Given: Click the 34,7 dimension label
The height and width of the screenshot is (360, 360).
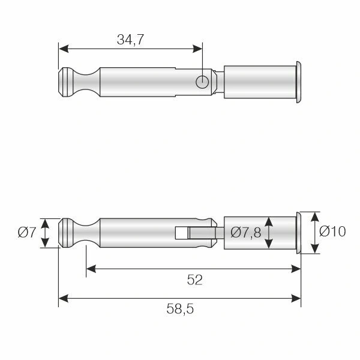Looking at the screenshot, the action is pyautogui.click(x=130, y=40).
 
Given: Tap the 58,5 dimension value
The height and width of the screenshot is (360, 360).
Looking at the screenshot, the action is pyautogui.click(x=180, y=309).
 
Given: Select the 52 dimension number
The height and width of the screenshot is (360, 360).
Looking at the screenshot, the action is pyautogui.click(x=194, y=280).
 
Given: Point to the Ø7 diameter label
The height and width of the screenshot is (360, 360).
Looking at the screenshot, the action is pyautogui.click(x=27, y=232).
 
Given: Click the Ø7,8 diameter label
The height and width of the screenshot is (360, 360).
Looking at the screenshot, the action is pyautogui.click(x=246, y=232).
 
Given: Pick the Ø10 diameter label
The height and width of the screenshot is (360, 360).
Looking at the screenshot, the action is pyautogui.click(x=332, y=231).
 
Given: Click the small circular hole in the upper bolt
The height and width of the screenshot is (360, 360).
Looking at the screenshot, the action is pyautogui.click(x=202, y=82).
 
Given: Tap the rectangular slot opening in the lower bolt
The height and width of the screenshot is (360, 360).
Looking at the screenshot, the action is pyautogui.click(x=181, y=233).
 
